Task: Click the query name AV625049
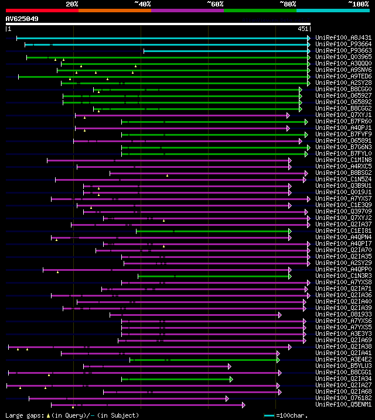pos(22,19)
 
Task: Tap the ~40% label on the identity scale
pos(142,4)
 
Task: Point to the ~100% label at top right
pos(358,4)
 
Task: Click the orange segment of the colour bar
pos(114,10)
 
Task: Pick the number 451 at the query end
pos(303,29)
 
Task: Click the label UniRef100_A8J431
pos(343,38)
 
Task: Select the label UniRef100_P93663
pos(343,51)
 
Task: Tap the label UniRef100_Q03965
pos(343,57)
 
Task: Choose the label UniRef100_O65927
pos(343,95)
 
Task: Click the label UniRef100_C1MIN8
pos(343,160)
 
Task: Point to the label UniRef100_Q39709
pos(343,211)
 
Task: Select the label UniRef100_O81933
pos(343,314)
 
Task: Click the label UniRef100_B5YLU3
pos(343,366)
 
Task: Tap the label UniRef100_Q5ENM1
pos(343,404)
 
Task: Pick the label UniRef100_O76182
pos(343,398)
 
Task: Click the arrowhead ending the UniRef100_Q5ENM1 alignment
pos(243,405)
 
